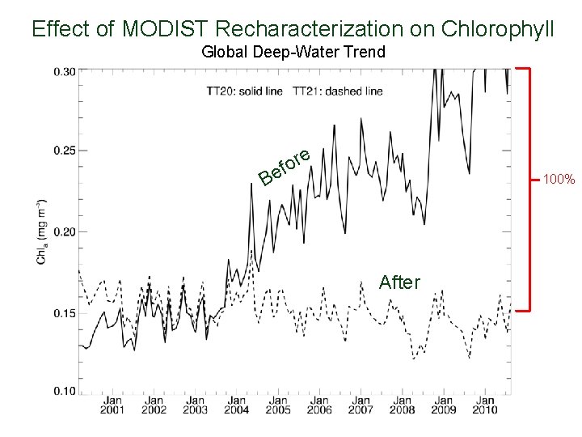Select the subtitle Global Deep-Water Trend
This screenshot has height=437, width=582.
click(293, 53)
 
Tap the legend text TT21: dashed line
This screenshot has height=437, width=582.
click(338, 91)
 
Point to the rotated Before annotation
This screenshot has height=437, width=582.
click(285, 165)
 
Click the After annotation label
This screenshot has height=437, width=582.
click(399, 282)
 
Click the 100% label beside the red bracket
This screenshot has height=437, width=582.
click(559, 178)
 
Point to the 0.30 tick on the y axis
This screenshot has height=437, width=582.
click(65, 71)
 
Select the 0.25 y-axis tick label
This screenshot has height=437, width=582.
click(65, 151)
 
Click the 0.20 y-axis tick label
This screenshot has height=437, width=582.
click(65, 231)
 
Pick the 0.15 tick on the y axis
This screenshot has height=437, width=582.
click(65, 313)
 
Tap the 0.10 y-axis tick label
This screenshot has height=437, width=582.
click(65, 392)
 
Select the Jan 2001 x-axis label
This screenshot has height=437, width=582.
click(112, 405)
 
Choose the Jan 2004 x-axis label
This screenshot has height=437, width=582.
click(237, 405)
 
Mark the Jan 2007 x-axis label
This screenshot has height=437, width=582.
click(361, 405)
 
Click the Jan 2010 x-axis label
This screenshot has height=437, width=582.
click(484, 405)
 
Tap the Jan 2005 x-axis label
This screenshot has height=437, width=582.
click(278, 405)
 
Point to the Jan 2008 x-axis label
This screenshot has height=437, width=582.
click(402, 405)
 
